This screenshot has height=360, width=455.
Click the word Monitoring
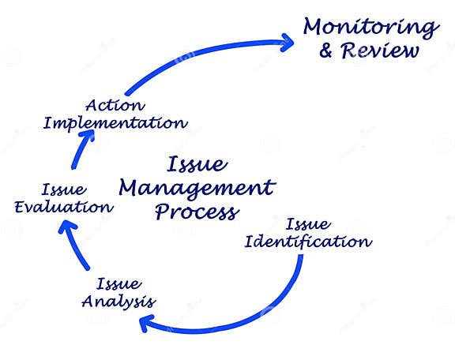(x=370, y=27)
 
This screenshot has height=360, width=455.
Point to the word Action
(x=115, y=105)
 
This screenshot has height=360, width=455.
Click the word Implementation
(x=115, y=122)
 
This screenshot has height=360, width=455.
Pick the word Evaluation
(x=64, y=207)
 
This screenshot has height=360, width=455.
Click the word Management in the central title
(x=196, y=188)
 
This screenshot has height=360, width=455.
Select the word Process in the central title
(x=196, y=212)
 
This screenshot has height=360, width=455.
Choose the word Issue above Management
(x=197, y=165)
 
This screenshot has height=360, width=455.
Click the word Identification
(x=307, y=241)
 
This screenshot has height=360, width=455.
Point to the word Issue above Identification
(x=307, y=224)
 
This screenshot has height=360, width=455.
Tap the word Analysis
(x=118, y=301)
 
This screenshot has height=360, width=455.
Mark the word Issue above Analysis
(x=118, y=283)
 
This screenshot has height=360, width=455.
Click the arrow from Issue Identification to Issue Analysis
(x=261, y=313)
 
